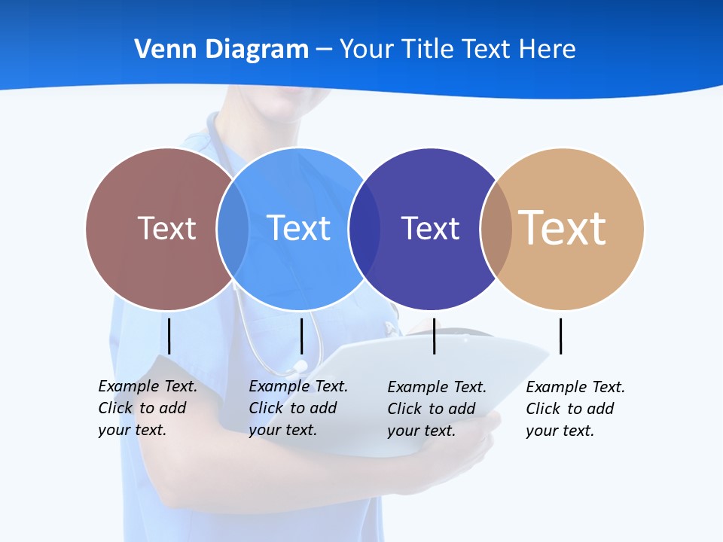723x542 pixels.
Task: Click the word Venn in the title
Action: coord(159,50)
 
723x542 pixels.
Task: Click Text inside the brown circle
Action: coord(166,228)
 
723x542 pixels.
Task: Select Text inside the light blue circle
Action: coord(298,228)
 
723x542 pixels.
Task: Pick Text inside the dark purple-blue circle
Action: coord(430,228)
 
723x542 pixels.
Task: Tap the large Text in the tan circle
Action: coord(563,228)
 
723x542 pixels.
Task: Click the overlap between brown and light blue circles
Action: coord(233,228)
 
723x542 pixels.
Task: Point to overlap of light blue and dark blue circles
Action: coord(365,228)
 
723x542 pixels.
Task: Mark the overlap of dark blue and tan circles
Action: coord(496,228)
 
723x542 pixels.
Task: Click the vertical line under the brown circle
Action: coord(169,336)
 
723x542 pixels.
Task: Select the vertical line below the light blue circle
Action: coord(301,336)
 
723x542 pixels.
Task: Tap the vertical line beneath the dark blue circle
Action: coord(434,336)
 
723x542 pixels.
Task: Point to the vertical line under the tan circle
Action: coord(560,336)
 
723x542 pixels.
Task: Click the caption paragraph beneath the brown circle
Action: coord(147,408)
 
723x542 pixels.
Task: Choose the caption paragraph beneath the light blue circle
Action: coord(297,408)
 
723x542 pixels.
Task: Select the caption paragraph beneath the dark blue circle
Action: coord(436,409)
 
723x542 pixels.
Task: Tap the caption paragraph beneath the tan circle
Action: coord(575,409)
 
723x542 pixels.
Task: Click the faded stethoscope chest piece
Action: coord(300,367)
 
